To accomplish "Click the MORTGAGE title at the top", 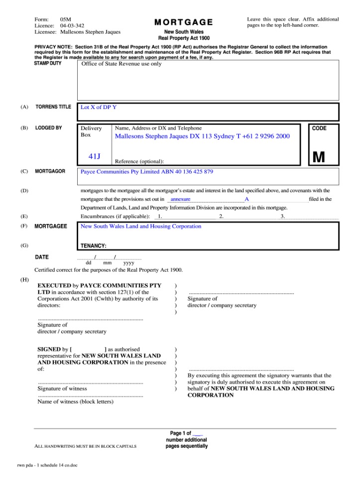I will tap(183, 22).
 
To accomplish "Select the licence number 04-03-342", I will tap(72, 25).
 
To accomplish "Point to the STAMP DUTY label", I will tap(48, 64).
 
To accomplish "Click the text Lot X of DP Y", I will tap(99, 107).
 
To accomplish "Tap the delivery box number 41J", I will tap(95, 156).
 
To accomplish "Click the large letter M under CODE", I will tap(319, 157).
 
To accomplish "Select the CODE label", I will tap(319, 128).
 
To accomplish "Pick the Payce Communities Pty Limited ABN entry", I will tap(147, 172).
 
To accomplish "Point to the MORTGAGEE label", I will tap(50, 226).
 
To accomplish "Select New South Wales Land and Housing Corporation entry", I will tap(141, 226).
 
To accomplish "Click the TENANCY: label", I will tap(94, 245).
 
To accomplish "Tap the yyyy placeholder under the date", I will tap(129, 262).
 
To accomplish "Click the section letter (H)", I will tap(24, 280).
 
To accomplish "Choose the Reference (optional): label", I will tap(139, 161).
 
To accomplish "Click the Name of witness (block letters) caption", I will tap(76, 401).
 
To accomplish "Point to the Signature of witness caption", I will tap(62, 388).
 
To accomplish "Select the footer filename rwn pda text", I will tap(47, 466).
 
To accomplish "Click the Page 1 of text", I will tap(180, 433).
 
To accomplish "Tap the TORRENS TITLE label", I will tap(53, 107).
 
